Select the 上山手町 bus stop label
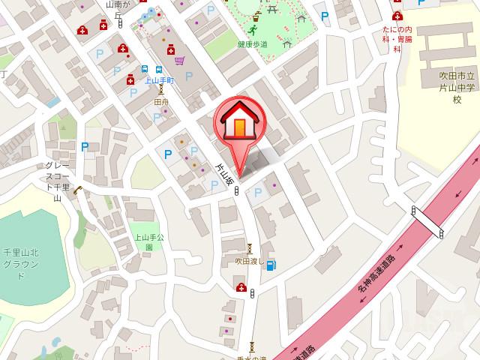coord(160,79)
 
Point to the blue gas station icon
coord(270,264)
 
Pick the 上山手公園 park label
coord(144,241)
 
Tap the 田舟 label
coord(160,100)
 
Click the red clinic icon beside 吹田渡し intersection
coord(241,287)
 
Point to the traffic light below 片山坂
coord(237,192)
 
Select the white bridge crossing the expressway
coord(427,222)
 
